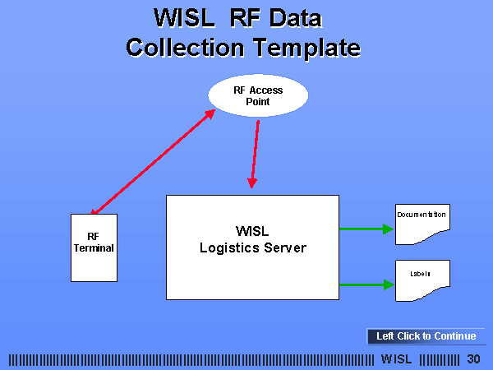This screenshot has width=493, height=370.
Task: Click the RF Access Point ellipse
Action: pos(258,95)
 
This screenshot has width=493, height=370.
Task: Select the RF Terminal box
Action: pos(94,248)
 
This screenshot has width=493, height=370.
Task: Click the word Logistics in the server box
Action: pos(229,248)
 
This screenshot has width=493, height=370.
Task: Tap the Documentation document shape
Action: pos(422,224)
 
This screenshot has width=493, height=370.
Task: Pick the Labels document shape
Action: pos(422,280)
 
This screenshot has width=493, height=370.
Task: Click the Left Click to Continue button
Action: pos(426,336)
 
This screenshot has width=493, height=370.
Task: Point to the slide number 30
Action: pos(473,359)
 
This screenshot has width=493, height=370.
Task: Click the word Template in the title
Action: pos(306,48)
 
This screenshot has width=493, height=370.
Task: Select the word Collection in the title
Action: pos(185,48)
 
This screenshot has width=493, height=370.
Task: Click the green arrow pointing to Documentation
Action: pos(366,229)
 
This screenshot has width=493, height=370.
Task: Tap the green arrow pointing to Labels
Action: pos(366,284)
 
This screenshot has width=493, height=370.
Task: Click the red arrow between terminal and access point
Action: pos(153,162)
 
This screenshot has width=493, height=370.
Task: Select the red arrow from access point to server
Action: pos(255,155)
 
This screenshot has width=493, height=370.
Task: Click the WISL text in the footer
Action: pos(396,359)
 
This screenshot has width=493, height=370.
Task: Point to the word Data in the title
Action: pos(296,18)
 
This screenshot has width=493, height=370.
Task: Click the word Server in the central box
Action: pos(285,248)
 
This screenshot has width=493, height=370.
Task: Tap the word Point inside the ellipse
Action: pos(258,102)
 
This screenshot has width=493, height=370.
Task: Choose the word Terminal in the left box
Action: pos(94,248)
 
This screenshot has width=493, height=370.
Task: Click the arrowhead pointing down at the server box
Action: pos(252,183)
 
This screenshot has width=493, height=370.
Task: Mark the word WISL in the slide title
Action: pos(184,18)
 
